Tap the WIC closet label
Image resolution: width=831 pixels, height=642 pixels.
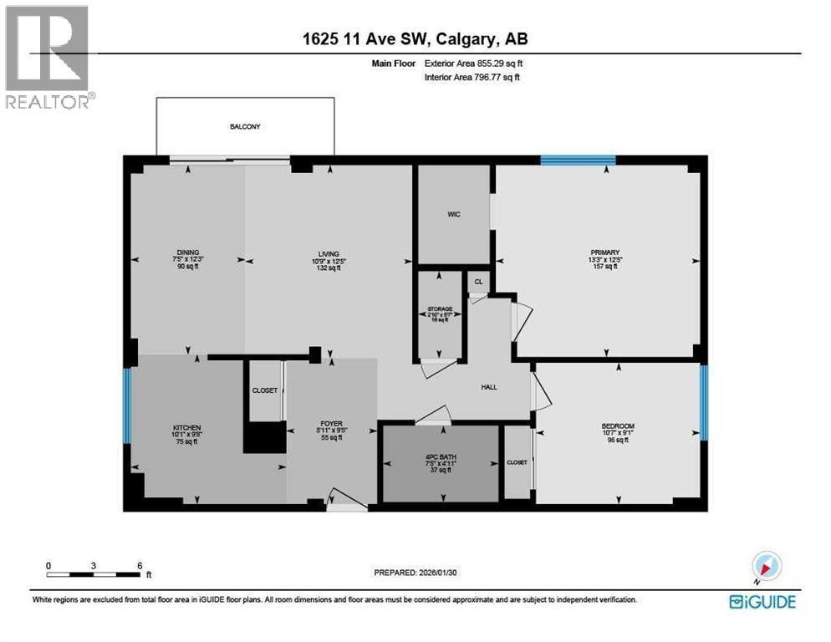click(x=452, y=214)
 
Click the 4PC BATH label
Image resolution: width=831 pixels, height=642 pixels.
click(x=440, y=457)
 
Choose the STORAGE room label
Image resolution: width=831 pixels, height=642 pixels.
click(x=440, y=309)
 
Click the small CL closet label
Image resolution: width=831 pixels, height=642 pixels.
click(x=478, y=282)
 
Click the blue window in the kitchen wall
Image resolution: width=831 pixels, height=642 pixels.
click(x=127, y=407)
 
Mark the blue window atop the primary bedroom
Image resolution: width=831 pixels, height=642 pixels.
click(x=578, y=160)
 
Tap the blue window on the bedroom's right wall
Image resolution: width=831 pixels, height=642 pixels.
click(x=704, y=402)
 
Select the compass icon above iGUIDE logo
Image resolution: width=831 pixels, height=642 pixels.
click(x=765, y=565)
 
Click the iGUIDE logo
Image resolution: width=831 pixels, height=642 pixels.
click(x=762, y=601)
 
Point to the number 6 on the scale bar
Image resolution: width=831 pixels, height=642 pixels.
click(x=139, y=565)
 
